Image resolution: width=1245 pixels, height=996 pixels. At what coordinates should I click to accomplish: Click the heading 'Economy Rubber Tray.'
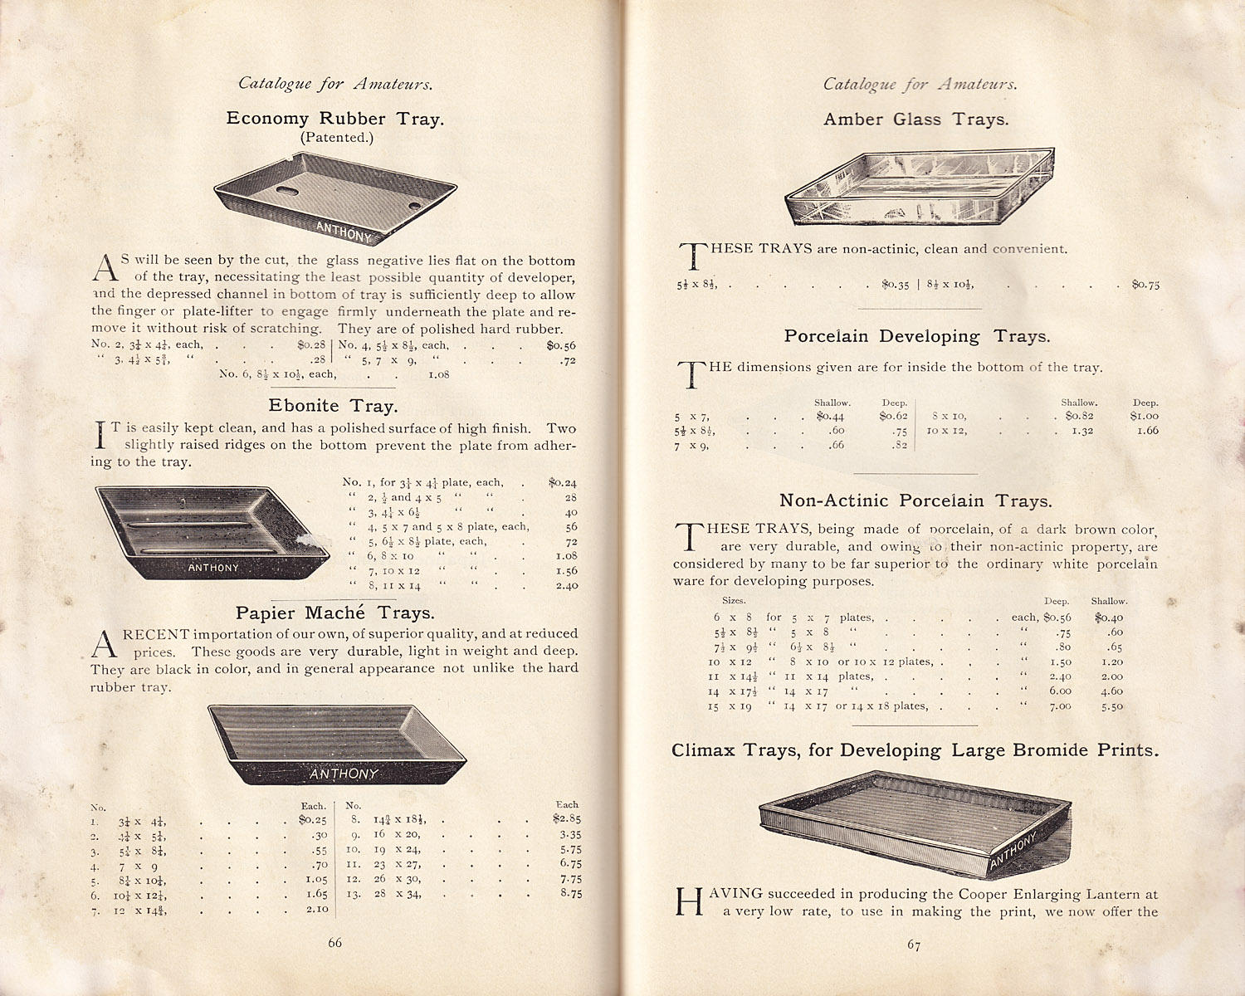[x=334, y=119]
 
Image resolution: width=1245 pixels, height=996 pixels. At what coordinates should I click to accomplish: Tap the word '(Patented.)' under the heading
[x=336, y=138]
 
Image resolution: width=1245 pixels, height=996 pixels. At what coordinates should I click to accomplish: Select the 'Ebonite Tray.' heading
[x=333, y=406]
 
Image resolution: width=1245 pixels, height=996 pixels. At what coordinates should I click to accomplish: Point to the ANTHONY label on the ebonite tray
[x=213, y=568]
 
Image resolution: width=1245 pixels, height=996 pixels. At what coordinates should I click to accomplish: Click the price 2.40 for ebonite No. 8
[x=566, y=585]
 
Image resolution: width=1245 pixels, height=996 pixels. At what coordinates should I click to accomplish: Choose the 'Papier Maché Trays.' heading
[x=334, y=613]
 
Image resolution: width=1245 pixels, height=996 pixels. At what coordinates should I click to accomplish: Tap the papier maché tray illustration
[x=336, y=744]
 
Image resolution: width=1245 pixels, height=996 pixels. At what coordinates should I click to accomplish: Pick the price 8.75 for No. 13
[x=570, y=893]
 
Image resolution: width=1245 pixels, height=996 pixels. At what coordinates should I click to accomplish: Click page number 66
[x=334, y=942]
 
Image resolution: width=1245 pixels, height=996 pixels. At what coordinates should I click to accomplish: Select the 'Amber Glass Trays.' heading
[x=915, y=120]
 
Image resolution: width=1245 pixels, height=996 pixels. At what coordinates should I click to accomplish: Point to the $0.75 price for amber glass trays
[x=1145, y=285]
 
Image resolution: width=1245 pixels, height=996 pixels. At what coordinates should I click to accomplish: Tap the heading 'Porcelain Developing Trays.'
[x=916, y=336]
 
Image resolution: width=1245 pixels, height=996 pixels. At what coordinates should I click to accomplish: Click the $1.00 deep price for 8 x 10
[x=1144, y=416]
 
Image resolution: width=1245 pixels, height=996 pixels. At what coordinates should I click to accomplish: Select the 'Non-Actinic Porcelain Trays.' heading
[x=915, y=500]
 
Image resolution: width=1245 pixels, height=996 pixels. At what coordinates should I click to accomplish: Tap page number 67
[x=913, y=945]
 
